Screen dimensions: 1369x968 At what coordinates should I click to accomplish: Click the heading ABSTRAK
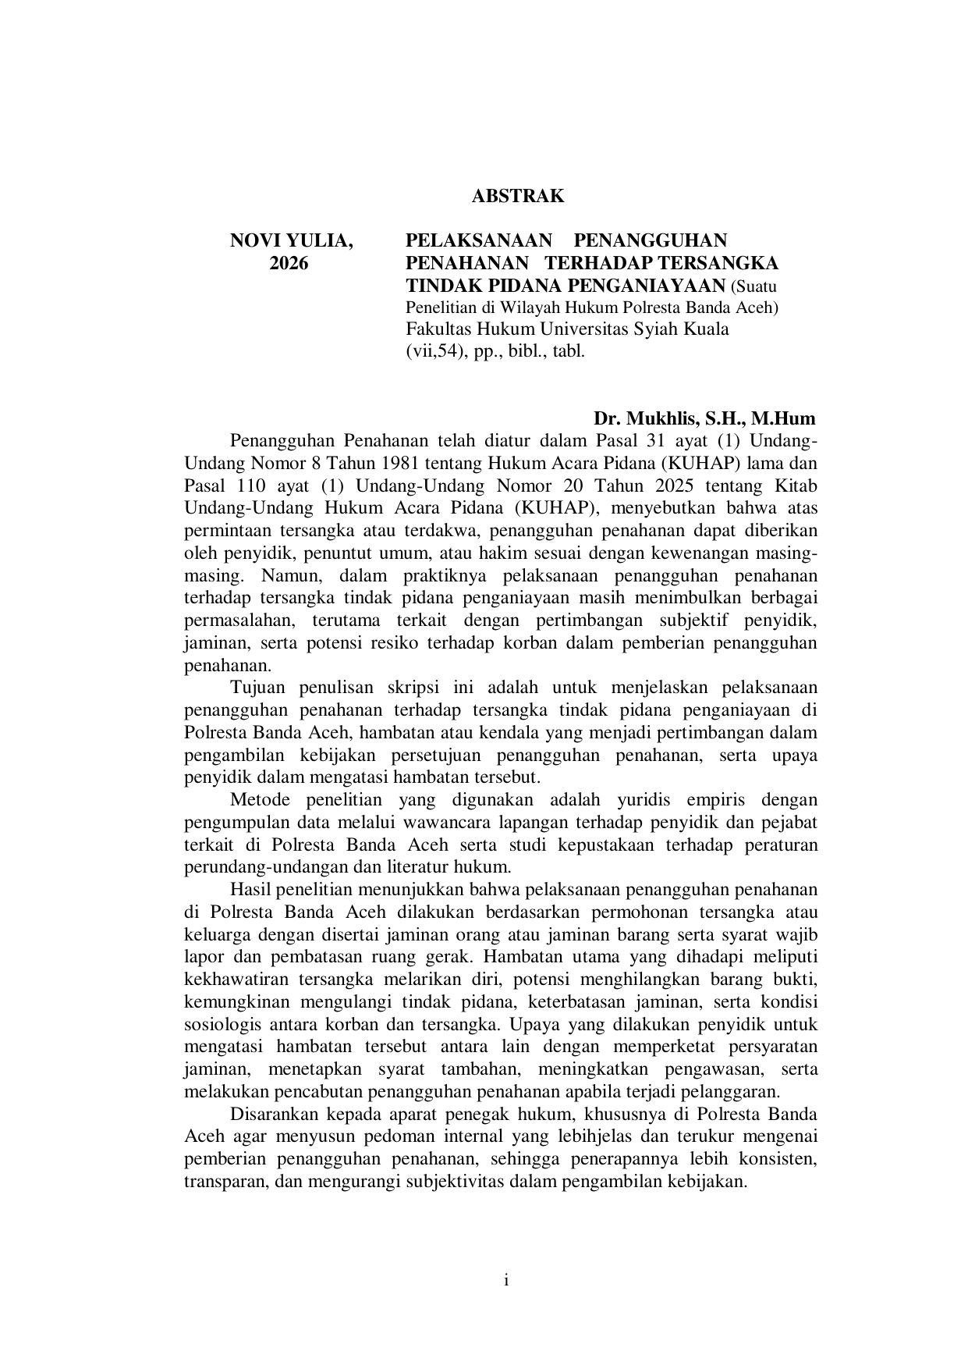(x=517, y=196)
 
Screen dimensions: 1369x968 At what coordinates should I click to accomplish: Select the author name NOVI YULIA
(x=291, y=241)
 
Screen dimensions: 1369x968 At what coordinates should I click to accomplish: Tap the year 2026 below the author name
(x=289, y=263)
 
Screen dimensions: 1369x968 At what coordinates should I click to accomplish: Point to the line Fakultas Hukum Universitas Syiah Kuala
(x=567, y=329)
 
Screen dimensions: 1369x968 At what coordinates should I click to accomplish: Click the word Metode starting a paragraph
(x=260, y=800)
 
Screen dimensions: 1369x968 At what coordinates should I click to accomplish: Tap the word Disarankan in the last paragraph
(x=274, y=1114)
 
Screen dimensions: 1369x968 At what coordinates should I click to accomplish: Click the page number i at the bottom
(x=506, y=1281)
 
